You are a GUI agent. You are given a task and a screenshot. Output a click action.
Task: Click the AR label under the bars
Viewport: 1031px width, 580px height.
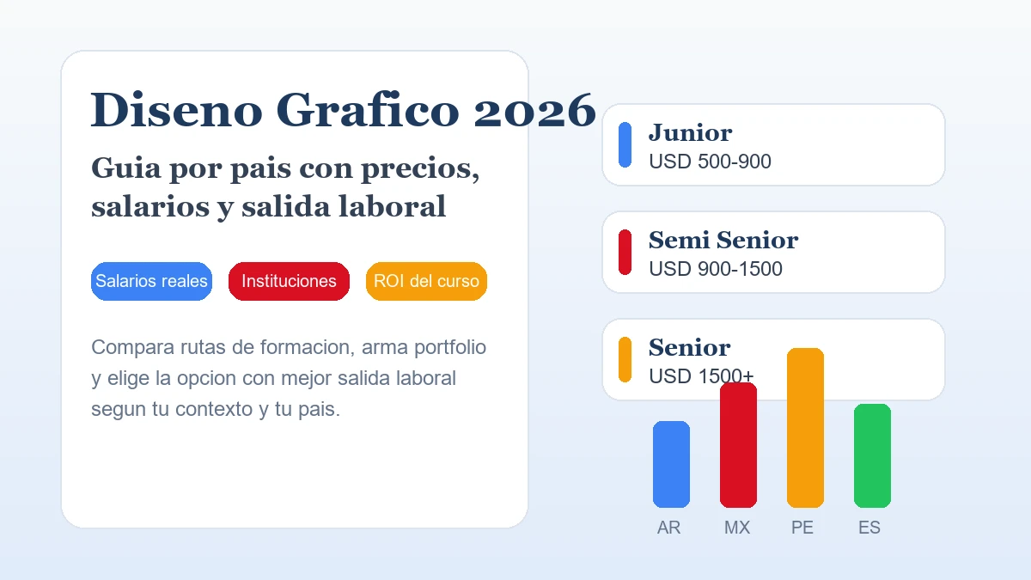[668, 528]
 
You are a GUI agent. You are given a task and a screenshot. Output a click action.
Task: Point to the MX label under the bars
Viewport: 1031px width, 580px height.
[737, 528]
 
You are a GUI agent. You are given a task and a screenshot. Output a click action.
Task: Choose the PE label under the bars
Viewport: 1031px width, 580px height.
[802, 528]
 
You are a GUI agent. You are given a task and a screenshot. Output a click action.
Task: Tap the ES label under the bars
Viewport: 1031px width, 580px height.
[869, 528]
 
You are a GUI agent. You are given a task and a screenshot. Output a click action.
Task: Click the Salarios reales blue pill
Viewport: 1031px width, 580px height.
[151, 281]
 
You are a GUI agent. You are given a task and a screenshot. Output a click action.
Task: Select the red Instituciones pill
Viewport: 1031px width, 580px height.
[289, 281]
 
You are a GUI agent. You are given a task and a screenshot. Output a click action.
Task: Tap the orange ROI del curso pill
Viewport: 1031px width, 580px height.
[426, 281]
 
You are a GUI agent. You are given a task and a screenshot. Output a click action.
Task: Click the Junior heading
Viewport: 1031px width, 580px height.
[690, 132]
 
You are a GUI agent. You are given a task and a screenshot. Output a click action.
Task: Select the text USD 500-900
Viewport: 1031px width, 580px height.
[710, 162]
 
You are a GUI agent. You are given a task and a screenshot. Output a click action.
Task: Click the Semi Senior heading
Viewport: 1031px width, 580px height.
[723, 240]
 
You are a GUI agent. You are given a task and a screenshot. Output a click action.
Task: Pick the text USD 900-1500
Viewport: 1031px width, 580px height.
[715, 269]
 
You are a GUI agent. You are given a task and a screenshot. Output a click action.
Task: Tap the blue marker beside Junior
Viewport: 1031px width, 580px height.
[625, 144]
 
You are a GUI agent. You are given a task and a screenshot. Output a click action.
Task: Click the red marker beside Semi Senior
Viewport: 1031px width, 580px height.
[625, 252]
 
